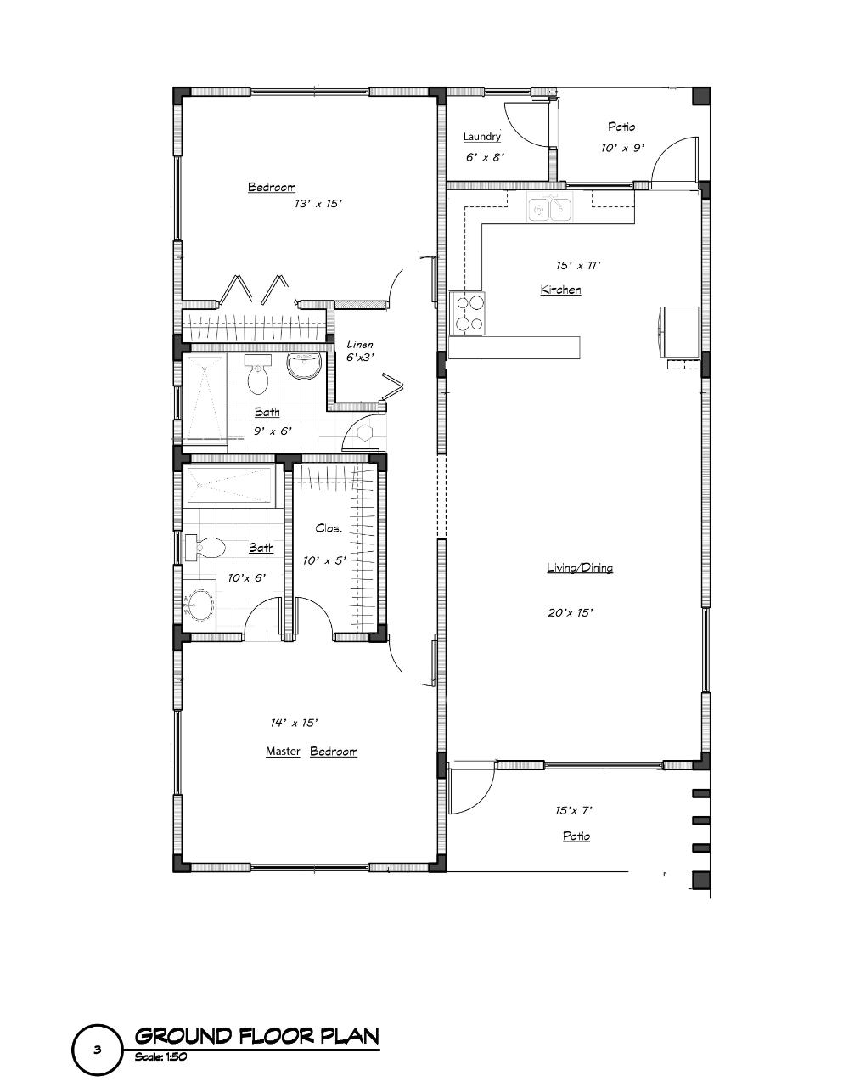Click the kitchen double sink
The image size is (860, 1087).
click(549, 207)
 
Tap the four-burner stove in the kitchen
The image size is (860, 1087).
click(468, 312)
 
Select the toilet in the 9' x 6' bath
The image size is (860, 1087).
click(258, 375)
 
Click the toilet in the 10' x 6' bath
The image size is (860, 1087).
click(205, 548)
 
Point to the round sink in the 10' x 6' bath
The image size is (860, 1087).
click(200, 605)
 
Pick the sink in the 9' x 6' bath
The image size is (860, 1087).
click(304, 364)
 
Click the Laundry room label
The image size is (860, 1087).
click(481, 137)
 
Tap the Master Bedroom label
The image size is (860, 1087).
click(311, 752)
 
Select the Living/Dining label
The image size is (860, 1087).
click(580, 568)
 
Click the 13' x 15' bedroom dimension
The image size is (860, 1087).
click(318, 204)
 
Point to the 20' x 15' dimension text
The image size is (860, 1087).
click(570, 612)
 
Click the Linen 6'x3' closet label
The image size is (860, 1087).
click(360, 351)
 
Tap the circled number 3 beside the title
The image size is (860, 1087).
click(98, 1050)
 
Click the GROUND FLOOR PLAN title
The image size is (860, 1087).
click(256, 1036)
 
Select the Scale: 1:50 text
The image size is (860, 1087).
click(160, 1057)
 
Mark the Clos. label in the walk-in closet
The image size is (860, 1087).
click(329, 528)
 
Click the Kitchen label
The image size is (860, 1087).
click(561, 290)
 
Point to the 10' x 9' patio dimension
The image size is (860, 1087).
click(622, 148)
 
